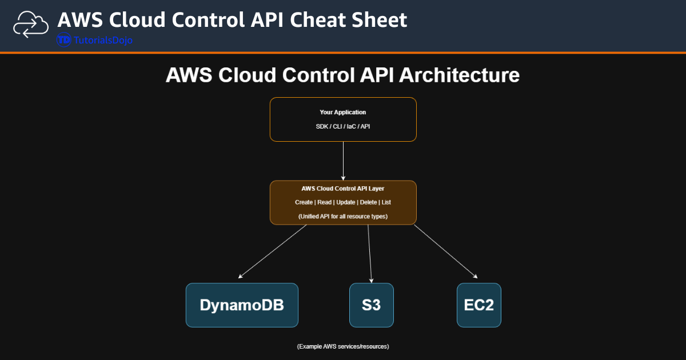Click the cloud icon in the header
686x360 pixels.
coord(31,25)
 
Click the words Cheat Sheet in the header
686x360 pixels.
coord(349,20)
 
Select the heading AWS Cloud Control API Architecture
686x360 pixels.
coord(342,75)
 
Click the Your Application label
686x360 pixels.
coord(343,113)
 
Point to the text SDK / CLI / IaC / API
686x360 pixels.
coord(343,126)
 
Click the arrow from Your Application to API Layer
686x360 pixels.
coord(343,161)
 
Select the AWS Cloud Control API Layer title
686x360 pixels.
coord(343,189)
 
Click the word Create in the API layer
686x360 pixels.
coord(304,202)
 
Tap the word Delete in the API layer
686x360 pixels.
coord(369,202)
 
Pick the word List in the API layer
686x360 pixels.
coord(386,202)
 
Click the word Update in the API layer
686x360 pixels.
coord(345,202)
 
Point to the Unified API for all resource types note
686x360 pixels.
coord(343,217)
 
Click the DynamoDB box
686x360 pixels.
coord(242,305)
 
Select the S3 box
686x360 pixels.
coord(371,305)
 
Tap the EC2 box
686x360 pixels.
coord(478,305)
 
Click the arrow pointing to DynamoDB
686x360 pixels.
coord(273,251)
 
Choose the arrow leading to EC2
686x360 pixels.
coord(446,251)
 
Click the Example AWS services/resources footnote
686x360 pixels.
coord(343,347)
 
